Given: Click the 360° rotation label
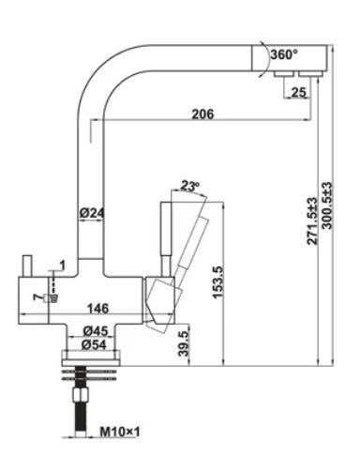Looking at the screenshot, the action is (284, 54).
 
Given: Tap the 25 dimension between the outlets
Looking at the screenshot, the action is (298, 92).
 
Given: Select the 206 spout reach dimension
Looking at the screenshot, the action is (202, 114).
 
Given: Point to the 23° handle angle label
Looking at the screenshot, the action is (189, 186).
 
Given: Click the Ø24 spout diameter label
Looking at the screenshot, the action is (92, 213).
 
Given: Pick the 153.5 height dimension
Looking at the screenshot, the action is (217, 282).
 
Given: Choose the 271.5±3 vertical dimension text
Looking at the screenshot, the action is (312, 221).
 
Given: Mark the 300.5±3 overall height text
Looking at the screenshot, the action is (327, 205).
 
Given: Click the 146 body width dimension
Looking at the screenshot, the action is (97, 309).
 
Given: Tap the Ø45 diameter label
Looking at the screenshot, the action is (96, 331).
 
